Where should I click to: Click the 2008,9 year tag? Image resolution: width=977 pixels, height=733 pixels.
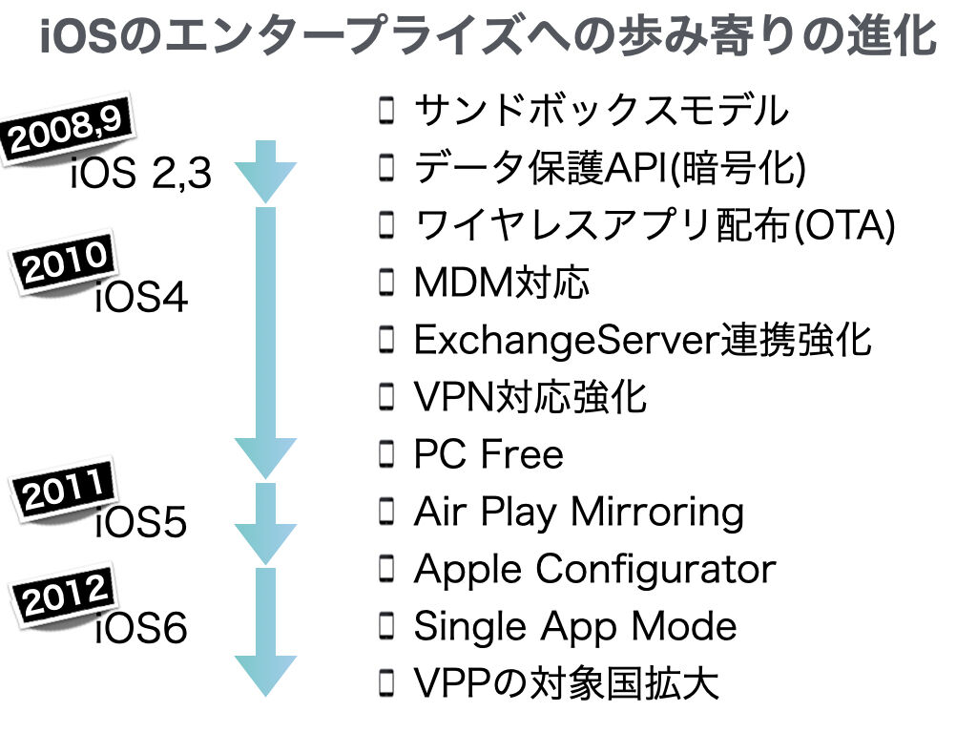[x=68, y=130]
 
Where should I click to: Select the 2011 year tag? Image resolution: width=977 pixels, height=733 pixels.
[x=64, y=490]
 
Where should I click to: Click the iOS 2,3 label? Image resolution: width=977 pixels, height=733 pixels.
[x=141, y=173]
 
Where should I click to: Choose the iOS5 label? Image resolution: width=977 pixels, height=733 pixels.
[x=141, y=521]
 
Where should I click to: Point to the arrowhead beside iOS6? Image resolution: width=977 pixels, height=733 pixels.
[x=265, y=676]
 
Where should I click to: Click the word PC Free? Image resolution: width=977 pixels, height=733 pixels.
[x=488, y=453]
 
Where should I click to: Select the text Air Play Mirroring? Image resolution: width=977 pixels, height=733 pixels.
[x=579, y=513]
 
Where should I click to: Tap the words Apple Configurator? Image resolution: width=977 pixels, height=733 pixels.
[x=595, y=570]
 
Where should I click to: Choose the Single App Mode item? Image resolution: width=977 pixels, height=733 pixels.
[x=575, y=626]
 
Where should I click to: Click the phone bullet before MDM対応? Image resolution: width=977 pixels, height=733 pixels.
[x=387, y=283]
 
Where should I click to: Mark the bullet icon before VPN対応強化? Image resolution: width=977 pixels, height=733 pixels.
[x=387, y=397]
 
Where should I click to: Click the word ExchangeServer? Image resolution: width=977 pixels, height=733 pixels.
[x=567, y=341]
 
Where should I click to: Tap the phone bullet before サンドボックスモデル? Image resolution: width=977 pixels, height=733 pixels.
[x=387, y=111]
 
